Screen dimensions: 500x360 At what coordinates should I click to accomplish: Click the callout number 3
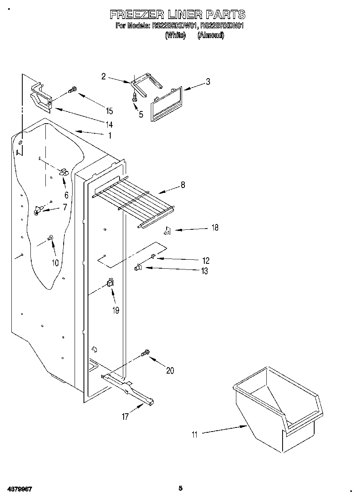(208, 81)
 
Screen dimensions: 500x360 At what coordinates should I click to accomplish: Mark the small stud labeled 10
(51, 238)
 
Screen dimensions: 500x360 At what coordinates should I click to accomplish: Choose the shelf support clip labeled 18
(167, 231)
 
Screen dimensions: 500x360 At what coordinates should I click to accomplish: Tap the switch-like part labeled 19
(109, 283)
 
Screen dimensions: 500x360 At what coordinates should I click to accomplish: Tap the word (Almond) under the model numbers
(210, 36)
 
